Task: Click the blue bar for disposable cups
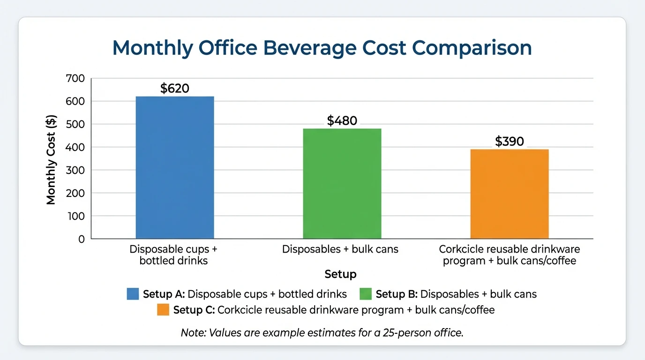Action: click(175, 167)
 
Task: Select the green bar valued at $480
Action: click(342, 183)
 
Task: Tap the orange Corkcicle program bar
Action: click(510, 194)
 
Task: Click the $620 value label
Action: click(175, 88)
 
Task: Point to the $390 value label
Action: click(510, 141)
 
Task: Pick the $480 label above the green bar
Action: click(342, 120)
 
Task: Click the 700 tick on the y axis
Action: click(75, 78)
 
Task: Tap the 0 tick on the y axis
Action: click(82, 239)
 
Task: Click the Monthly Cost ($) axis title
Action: click(51, 160)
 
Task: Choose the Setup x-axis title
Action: click(340, 274)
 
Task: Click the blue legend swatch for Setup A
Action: click(133, 294)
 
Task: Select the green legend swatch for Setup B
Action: click(366, 294)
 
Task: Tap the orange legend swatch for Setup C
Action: click(163, 310)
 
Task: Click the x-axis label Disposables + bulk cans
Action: click(340, 249)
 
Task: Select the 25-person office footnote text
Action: click(322, 333)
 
